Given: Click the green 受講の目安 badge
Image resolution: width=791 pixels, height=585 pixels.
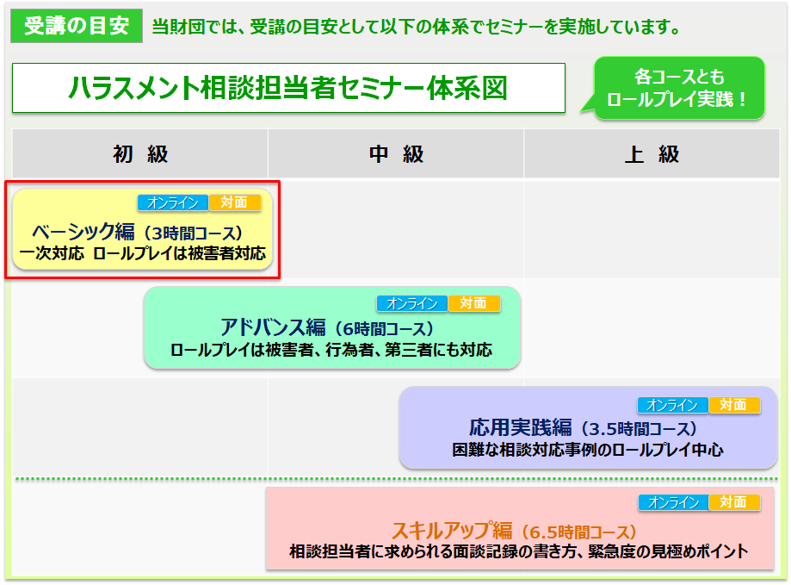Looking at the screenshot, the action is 77,26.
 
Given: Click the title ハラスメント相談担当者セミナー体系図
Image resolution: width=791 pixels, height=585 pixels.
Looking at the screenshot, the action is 288,88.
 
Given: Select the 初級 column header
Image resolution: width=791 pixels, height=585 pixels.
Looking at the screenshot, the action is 140,154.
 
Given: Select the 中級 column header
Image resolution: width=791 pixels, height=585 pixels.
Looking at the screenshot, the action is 396,154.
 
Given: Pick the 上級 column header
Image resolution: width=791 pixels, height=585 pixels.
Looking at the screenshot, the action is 652,154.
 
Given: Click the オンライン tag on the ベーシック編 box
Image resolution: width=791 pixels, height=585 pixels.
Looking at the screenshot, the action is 172,203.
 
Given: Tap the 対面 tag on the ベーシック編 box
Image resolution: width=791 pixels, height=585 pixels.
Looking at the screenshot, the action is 235,202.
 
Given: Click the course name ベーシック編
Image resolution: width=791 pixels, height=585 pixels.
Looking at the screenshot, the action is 83,232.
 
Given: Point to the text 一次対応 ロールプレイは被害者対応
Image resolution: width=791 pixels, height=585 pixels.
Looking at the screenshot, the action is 143,253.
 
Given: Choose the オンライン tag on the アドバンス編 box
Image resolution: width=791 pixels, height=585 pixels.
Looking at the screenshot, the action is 412,303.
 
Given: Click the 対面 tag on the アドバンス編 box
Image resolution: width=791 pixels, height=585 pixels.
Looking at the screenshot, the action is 474,303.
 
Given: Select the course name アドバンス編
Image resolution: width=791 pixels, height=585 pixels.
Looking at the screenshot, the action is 273,327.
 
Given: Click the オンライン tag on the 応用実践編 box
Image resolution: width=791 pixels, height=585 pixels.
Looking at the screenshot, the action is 672,405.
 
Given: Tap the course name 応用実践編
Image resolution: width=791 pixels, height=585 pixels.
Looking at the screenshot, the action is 521,428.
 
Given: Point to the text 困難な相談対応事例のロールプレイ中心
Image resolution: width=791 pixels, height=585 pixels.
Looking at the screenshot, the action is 587,450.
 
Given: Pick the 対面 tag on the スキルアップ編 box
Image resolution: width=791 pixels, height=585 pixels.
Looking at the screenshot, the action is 734,502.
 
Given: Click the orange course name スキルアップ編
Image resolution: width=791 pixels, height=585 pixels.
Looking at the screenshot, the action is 452,531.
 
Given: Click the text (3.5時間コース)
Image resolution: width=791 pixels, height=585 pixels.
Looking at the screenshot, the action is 636,429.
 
